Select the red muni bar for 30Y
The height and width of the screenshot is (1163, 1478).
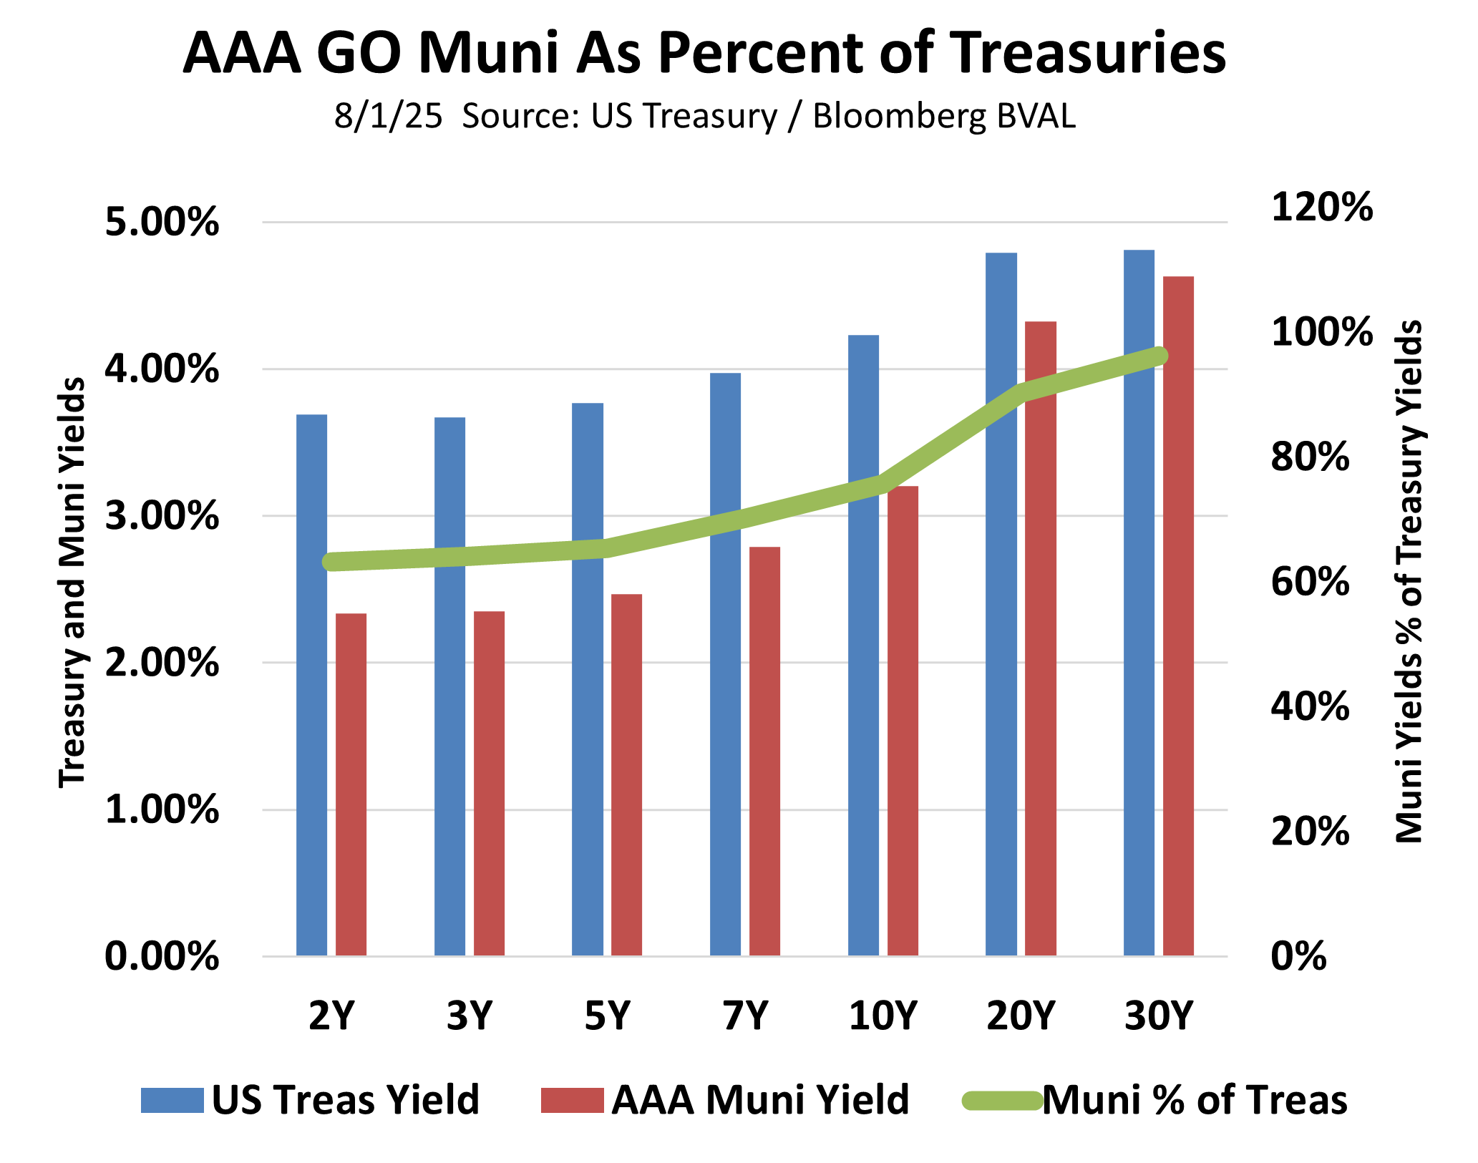pos(1178,615)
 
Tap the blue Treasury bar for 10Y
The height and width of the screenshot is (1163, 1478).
pos(863,645)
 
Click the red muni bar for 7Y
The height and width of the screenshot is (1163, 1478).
pos(764,751)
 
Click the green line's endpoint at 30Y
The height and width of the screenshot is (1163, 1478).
pos(1159,356)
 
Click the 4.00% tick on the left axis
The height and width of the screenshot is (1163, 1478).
pos(162,370)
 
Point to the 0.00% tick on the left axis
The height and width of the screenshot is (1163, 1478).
pos(162,956)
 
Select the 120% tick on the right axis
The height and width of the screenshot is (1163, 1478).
pos(1321,208)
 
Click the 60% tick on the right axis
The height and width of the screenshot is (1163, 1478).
pos(1310,582)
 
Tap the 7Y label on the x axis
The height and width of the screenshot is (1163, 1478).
pos(745,1015)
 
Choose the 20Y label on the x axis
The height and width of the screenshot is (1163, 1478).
pos(1021,1015)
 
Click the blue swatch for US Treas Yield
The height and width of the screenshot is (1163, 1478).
pos(172,1100)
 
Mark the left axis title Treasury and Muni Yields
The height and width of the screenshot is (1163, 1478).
pos(72,583)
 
